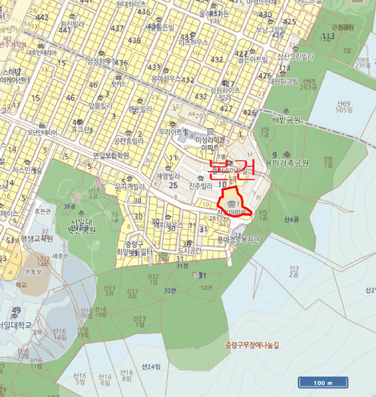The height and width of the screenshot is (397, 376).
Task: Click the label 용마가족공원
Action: [286, 163]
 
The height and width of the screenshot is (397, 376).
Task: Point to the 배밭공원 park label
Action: [286, 120]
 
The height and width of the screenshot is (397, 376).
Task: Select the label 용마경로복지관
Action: [238, 239]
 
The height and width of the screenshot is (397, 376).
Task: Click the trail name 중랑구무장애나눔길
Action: [252, 344]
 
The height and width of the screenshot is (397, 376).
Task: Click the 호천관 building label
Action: [43, 210]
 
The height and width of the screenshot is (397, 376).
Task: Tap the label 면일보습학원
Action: [111, 155]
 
